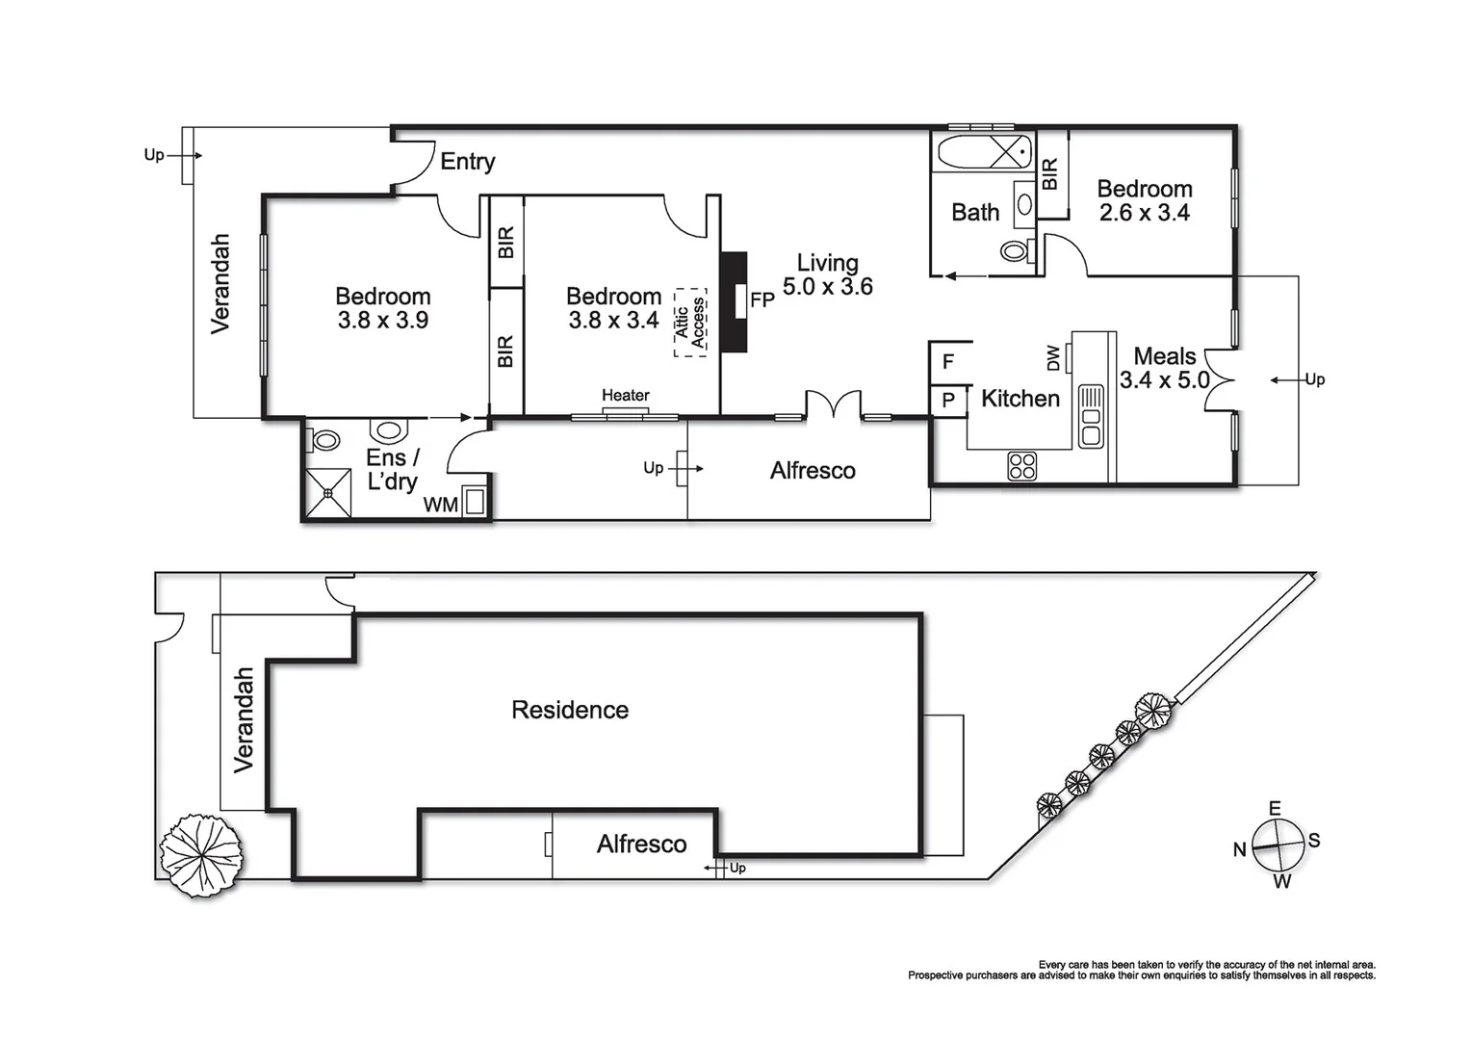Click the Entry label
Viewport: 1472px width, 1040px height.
pos(467,162)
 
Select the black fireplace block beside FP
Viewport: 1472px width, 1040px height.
pos(734,301)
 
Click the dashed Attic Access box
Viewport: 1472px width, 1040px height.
pos(690,323)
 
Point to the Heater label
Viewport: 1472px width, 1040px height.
pos(625,396)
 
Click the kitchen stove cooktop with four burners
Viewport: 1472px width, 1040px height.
pos(1022,466)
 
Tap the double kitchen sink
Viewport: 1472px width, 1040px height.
pos(1090,416)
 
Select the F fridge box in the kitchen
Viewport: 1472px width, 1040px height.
pos(949,362)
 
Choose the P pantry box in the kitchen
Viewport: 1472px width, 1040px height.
pos(949,400)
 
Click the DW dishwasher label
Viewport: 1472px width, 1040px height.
pos(1052,358)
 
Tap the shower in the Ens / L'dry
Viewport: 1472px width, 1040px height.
pos(328,493)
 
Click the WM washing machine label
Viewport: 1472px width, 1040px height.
pos(441,505)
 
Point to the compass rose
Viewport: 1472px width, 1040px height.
pos(1278,845)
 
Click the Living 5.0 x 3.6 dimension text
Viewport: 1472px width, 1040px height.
pos(828,287)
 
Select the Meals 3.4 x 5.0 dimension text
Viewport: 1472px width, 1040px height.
pos(1164,380)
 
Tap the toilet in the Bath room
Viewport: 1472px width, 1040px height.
pos(1015,251)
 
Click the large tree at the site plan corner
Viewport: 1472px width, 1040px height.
pos(200,853)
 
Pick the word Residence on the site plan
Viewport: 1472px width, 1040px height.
pos(570,711)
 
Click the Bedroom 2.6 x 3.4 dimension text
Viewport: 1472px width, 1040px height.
pos(1145,213)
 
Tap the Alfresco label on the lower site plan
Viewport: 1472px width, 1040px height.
pos(641,845)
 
